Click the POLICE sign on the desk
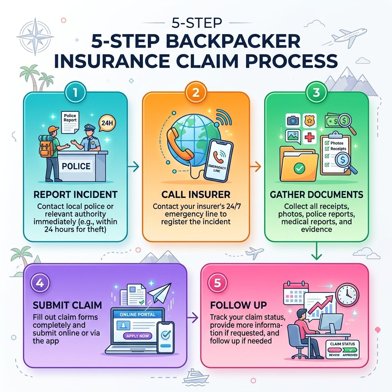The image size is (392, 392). pos(76,167)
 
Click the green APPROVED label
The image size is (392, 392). pos(350,355)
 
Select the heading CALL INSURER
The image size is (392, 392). pos(196,194)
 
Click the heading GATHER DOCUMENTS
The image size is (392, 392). pos(316,194)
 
